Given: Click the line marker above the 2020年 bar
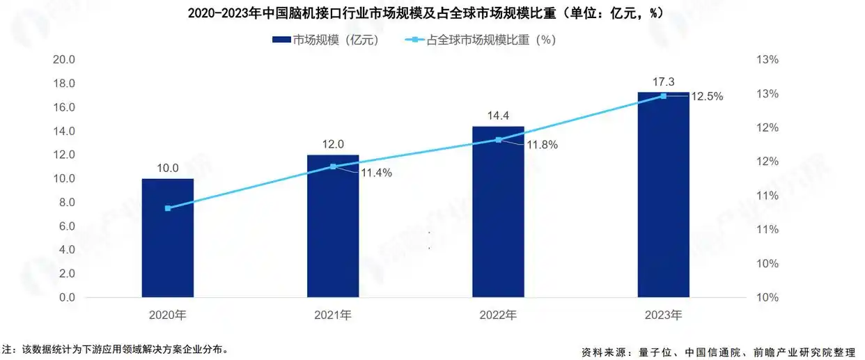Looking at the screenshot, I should point(168,208).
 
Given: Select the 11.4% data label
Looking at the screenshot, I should point(376,173).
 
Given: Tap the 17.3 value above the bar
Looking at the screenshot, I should point(663,82).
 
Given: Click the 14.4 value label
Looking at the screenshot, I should point(498,116).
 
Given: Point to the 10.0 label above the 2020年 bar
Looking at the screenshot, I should point(167,168).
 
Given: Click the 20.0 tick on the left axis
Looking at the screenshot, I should point(64,60).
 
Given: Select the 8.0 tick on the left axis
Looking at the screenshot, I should point(67,203).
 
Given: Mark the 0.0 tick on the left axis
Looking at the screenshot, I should point(67,298).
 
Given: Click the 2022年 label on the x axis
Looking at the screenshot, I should point(498,315).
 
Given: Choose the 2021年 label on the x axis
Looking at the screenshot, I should point(333,315).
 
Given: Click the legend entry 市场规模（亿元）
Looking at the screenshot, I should point(326,40).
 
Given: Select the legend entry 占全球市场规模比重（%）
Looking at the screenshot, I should point(480,40).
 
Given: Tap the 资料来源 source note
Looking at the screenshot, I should point(717,351).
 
